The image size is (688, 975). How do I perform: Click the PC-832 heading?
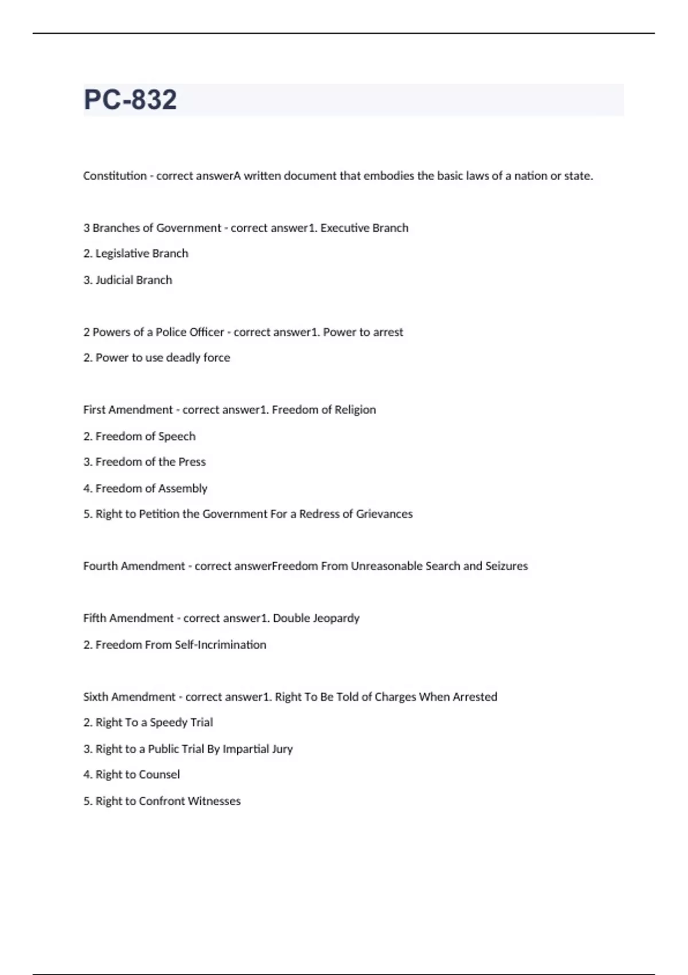pyautogui.click(x=130, y=100)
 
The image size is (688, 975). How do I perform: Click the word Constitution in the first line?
pyautogui.click(x=115, y=176)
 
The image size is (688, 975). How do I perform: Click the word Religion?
pyautogui.click(x=355, y=410)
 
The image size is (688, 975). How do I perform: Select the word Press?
pyautogui.click(x=192, y=462)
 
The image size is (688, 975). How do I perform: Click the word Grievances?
pyautogui.click(x=384, y=514)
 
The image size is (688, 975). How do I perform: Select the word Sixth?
pyautogui.click(x=95, y=697)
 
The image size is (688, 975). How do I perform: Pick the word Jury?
pyautogui.click(x=282, y=749)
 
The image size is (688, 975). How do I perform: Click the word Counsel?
pyautogui.click(x=157, y=775)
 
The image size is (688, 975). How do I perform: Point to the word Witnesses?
pyautogui.click(x=214, y=801)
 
